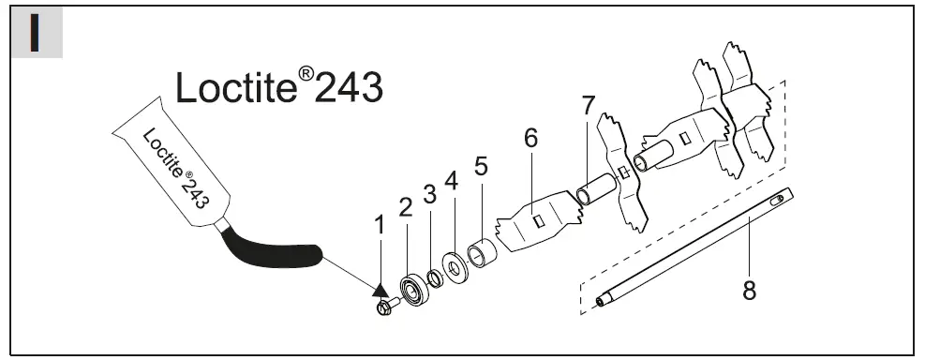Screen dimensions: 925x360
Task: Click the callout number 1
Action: click(x=380, y=225)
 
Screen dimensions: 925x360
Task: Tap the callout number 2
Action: click(x=405, y=207)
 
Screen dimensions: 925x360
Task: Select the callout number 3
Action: click(x=429, y=193)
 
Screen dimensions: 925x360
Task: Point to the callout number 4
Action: click(x=452, y=181)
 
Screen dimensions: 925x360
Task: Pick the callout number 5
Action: click(x=482, y=167)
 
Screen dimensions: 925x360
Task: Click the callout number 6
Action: click(x=531, y=138)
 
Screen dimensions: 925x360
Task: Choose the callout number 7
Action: click(x=589, y=106)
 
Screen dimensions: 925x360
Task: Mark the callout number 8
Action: click(x=749, y=291)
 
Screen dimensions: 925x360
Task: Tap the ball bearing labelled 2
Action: click(x=415, y=290)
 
